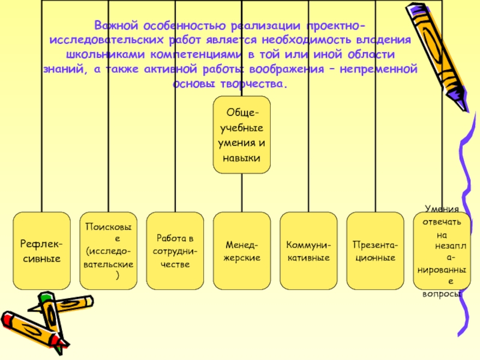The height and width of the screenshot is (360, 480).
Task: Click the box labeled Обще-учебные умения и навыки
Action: coord(242,135)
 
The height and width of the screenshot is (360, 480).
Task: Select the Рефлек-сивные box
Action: coord(41,251)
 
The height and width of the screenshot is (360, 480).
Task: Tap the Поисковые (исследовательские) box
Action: coord(109,251)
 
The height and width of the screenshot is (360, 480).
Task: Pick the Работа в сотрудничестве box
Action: coord(175,251)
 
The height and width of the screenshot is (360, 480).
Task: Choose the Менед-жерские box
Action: coord(242,251)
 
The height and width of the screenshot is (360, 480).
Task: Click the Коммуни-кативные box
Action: coord(308,251)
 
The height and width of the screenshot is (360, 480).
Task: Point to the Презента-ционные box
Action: coord(376,251)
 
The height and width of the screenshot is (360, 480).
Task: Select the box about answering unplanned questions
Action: coord(442,251)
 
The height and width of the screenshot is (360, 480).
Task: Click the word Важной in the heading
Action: coord(116,25)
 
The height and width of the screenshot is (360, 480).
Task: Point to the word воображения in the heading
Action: coord(287,69)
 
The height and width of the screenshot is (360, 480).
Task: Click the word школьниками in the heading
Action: coord(106,55)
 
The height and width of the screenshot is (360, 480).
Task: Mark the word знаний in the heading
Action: coord(64,70)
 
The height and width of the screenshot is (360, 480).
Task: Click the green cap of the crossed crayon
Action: coord(46,296)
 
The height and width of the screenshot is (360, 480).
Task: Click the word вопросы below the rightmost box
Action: coord(442,294)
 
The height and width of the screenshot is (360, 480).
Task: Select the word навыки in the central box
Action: coord(242,158)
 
